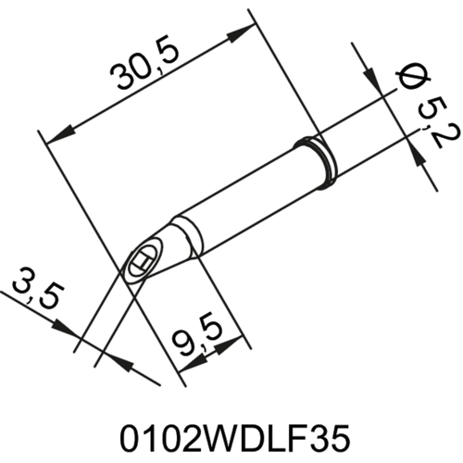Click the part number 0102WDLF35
click(x=231, y=434)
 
